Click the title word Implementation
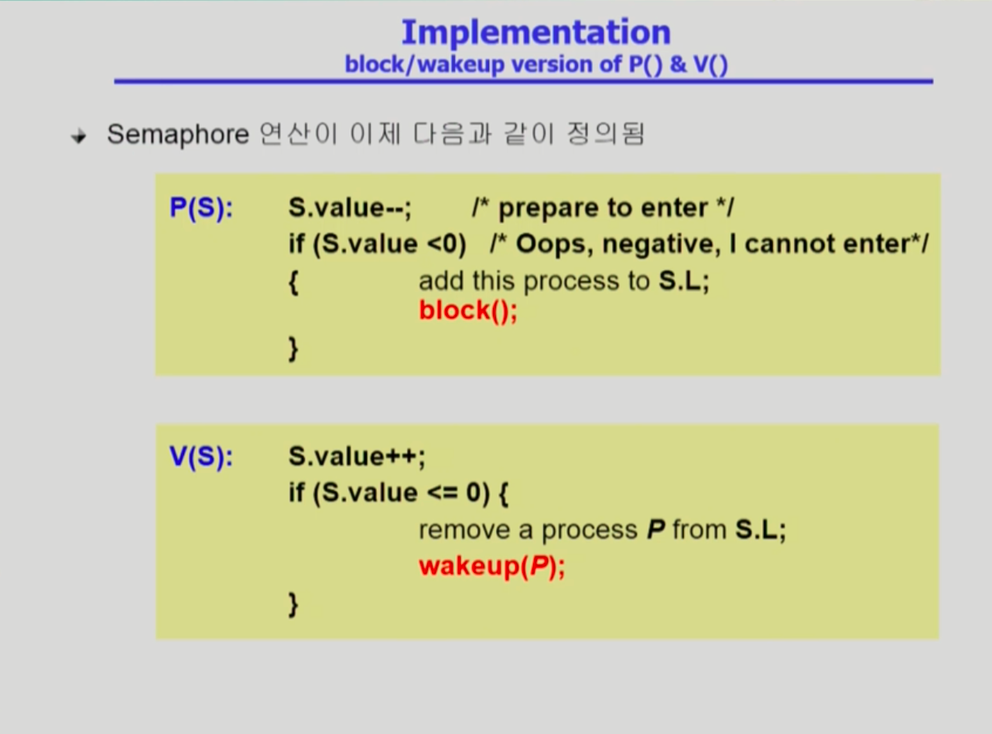tap(536, 33)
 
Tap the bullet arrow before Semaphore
tap(79, 136)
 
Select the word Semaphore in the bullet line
tap(178, 135)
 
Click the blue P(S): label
tap(201, 208)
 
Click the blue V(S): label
tap(201, 457)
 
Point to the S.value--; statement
tap(350, 208)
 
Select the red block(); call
tap(468, 310)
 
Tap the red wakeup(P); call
tap(492, 567)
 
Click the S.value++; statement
tap(357, 457)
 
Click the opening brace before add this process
tap(293, 282)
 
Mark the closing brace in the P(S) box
tap(293, 349)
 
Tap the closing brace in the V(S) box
tap(293, 605)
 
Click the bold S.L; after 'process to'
tap(684, 281)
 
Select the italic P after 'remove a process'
tap(655, 530)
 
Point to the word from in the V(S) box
tap(700, 530)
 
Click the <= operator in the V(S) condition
tap(443, 493)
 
